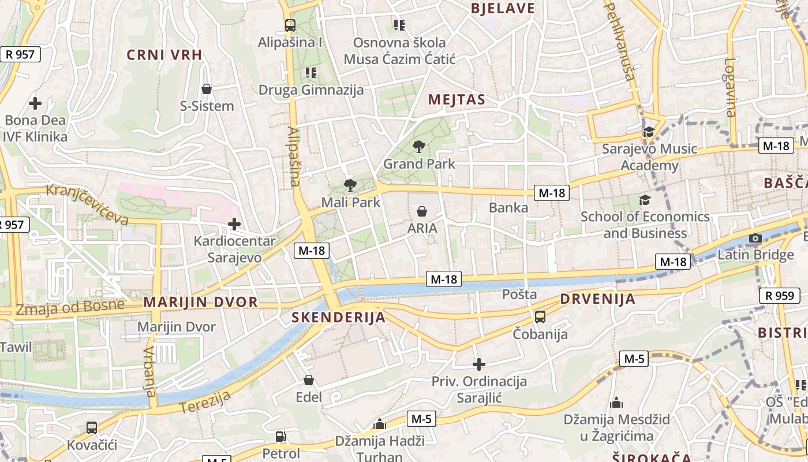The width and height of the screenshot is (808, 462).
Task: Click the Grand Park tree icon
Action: [x=419, y=147]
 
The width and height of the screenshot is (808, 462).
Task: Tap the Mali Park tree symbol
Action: [x=350, y=185]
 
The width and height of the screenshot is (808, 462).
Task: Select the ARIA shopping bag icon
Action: [x=422, y=211]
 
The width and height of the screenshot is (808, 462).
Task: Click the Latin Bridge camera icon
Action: [x=755, y=238]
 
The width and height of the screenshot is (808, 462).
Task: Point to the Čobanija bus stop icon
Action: [x=540, y=316]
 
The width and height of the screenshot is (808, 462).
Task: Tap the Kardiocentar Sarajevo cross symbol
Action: [x=234, y=223]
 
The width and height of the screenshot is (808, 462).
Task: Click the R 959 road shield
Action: [x=779, y=296]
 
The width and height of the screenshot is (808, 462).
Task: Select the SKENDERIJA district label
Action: [x=338, y=317]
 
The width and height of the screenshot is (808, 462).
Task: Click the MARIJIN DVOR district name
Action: [x=200, y=302]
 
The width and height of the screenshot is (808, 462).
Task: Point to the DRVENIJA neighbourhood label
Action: [x=597, y=299]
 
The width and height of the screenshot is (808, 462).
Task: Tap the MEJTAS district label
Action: [x=457, y=100]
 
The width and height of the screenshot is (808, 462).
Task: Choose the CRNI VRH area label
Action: [x=164, y=55]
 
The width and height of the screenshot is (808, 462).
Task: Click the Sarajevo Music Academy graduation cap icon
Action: [x=649, y=132]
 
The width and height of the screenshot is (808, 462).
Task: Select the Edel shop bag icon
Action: [x=309, y=380]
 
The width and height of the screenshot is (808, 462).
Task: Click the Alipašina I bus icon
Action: [x=290, y=25]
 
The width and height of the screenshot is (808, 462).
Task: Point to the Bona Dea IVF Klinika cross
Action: [x=35, y=103]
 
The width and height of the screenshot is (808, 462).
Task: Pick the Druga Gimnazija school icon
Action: [x=311, y=73]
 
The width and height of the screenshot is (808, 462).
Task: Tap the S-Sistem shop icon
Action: [x=207, y=89]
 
